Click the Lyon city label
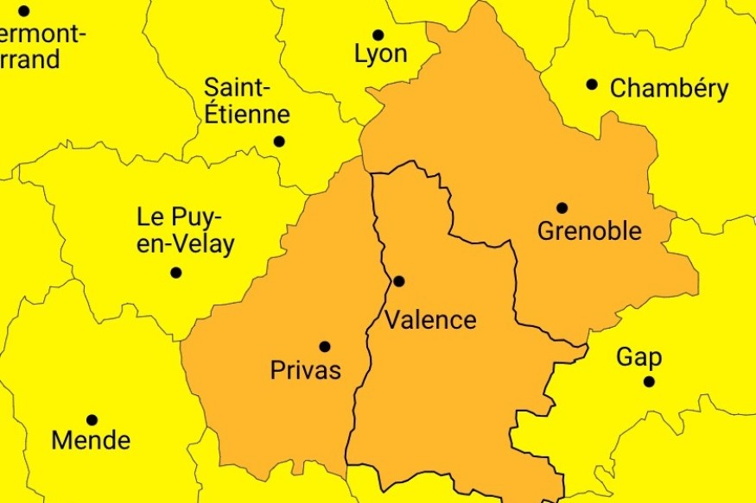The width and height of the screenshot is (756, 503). (380, 54)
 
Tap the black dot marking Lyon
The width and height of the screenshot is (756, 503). (378, 35)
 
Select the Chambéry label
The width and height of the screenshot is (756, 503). (669, 89)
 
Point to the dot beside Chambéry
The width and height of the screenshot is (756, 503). (592, 85)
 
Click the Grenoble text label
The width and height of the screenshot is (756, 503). (589, 231)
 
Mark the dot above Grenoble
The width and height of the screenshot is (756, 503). (562, 208)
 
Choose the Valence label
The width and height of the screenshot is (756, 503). (430, 320)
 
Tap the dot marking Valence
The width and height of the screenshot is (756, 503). (399, 281)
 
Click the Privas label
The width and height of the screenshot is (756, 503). (306, 371)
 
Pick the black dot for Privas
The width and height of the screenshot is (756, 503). (325, 347)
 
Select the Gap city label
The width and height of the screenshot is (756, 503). (639, 358)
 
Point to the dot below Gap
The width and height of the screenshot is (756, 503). (649, 381)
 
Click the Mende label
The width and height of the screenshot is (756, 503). (91, 440)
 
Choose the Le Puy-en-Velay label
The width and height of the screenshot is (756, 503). (186, 230)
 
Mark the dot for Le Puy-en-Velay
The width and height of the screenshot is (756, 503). (176, 273)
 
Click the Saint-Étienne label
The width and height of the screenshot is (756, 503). (246, 101)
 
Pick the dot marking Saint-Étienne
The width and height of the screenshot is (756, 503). (279, 141)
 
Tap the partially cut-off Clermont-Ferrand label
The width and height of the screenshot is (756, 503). (39, 47)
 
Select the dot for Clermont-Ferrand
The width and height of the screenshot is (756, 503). (24, 11)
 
